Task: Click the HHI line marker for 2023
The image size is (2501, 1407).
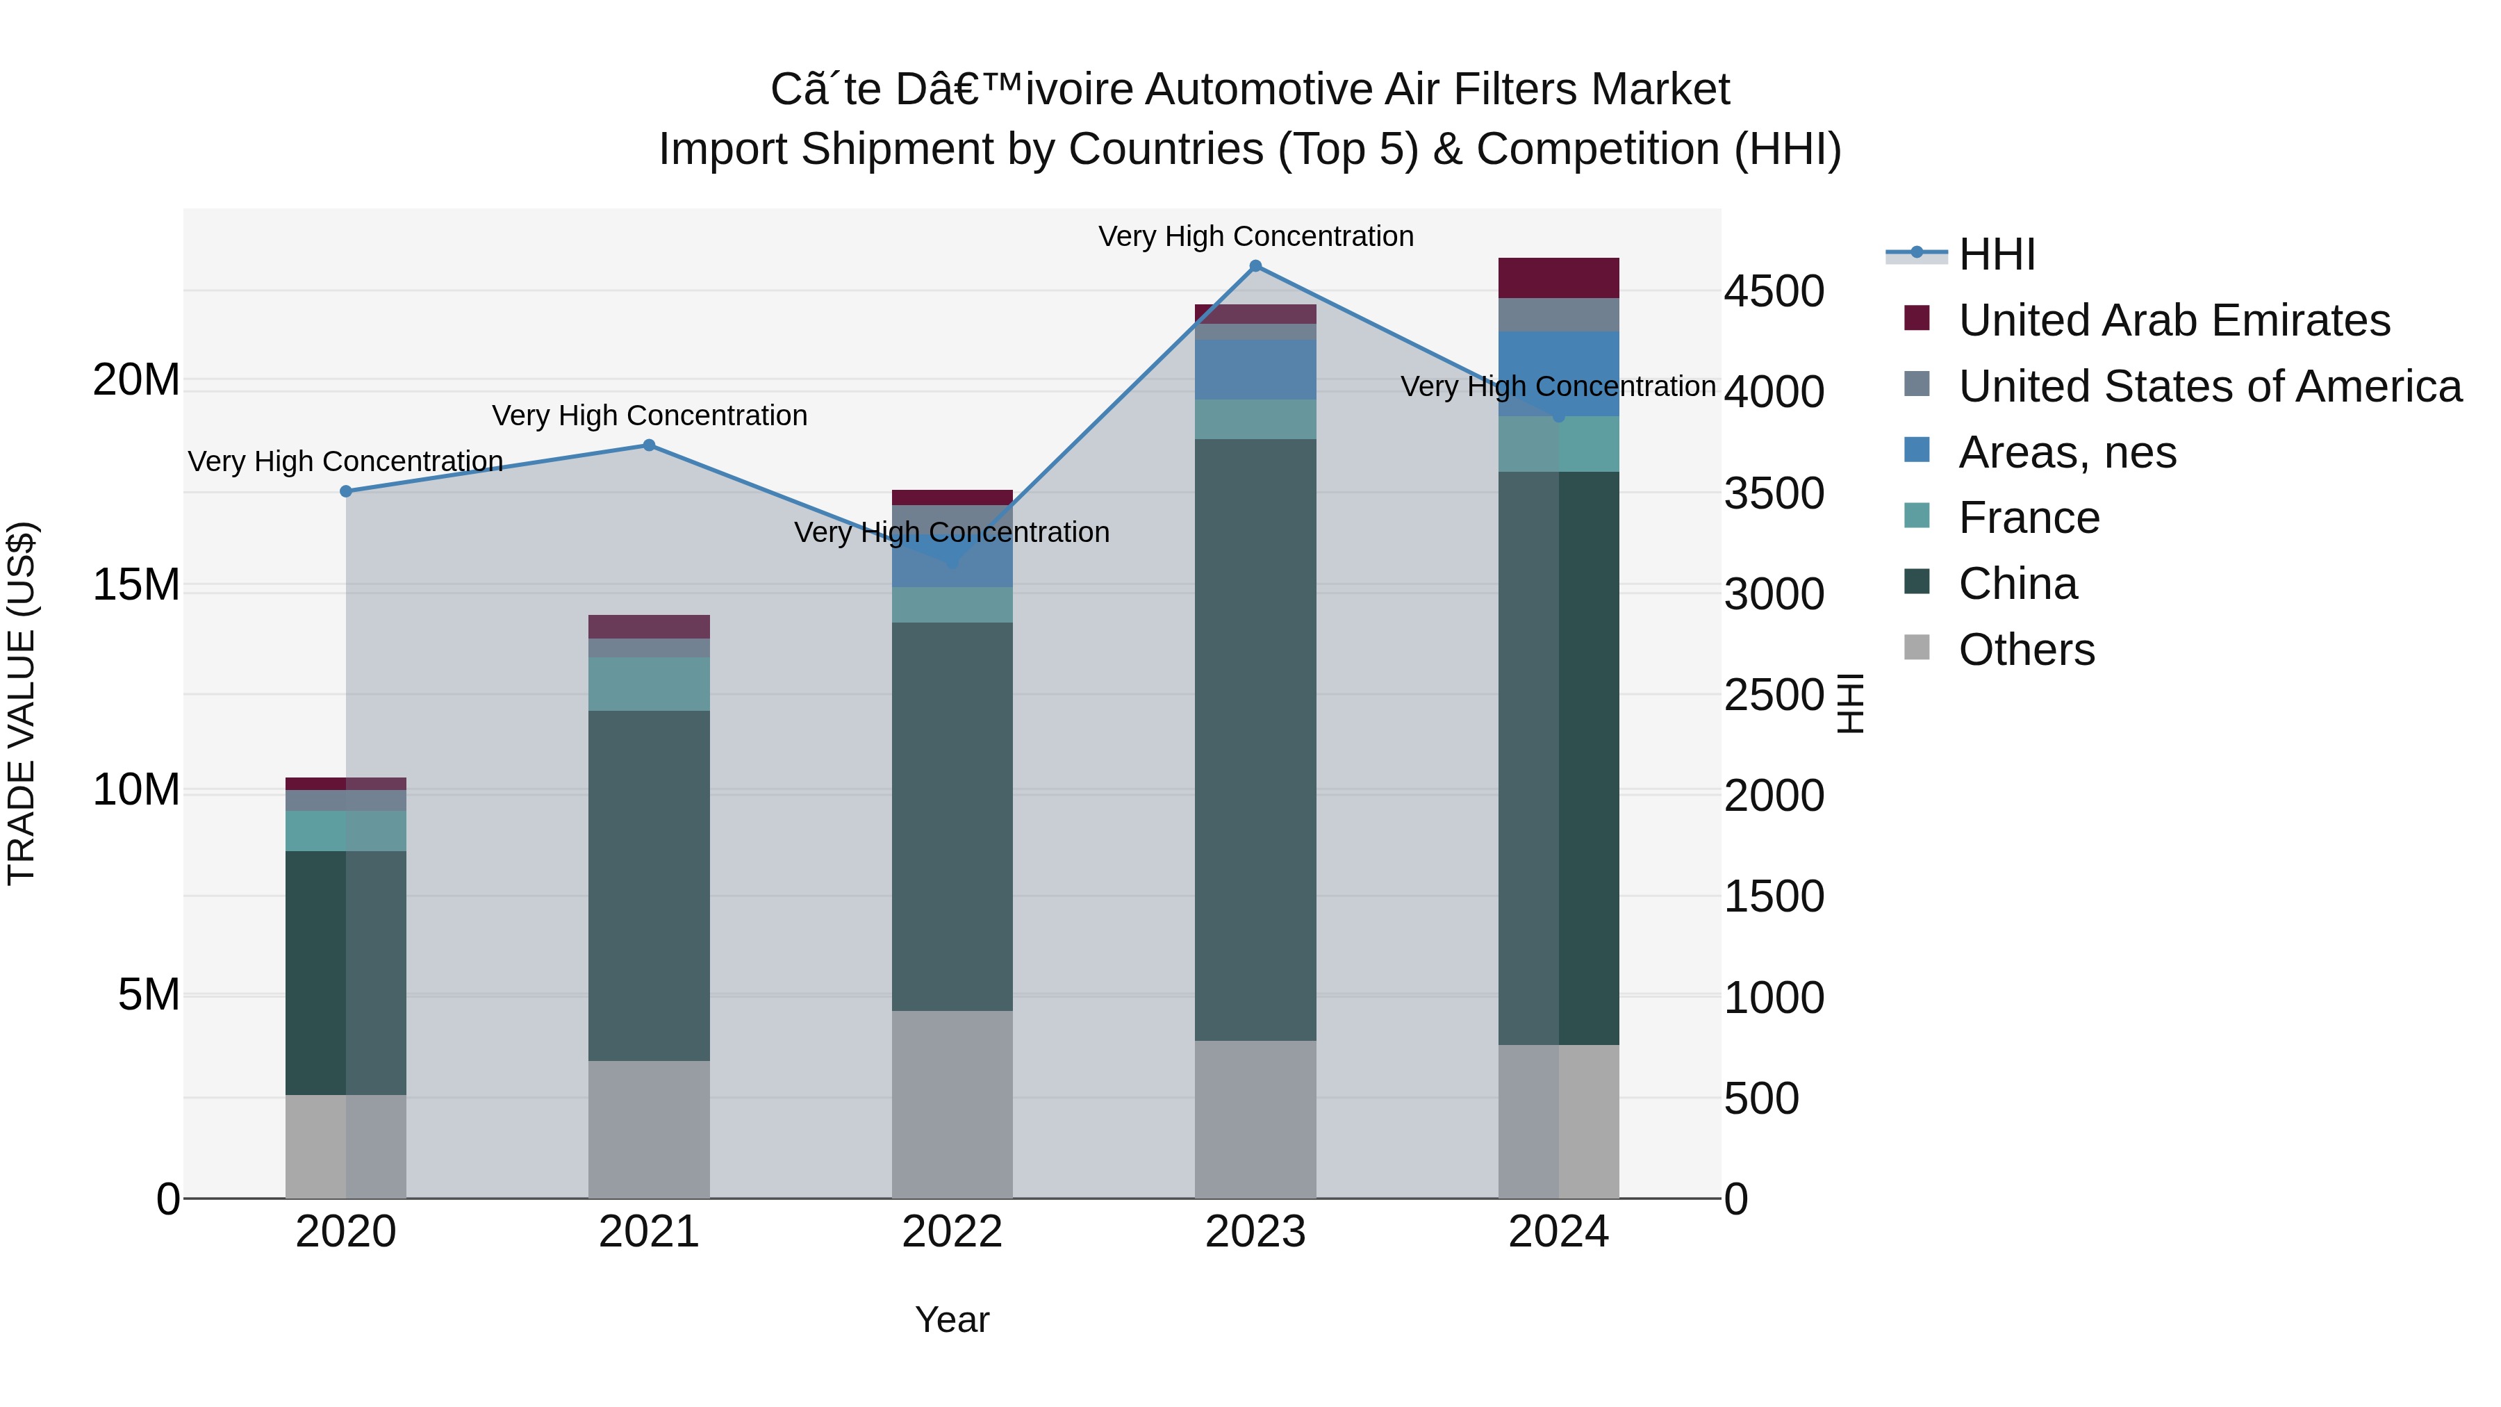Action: click(x=1255, y=266)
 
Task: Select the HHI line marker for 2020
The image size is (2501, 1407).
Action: click(x=346, y=491)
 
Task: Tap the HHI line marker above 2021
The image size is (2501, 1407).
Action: click(x=650, y=445)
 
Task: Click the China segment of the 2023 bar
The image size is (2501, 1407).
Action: click(x=1255, y=738)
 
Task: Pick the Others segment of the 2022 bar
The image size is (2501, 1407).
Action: click(x=952, y=1104)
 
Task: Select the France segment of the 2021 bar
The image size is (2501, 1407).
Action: click(x=650, y=684)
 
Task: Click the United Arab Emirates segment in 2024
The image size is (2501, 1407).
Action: click(x=1558, y=278)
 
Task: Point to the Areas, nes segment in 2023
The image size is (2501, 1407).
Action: click(x=1255, y=369)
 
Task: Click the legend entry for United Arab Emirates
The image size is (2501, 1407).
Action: click(x=2174, y=320)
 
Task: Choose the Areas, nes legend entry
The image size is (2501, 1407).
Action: click(x=2067, y=452)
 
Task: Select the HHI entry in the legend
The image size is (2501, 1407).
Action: click(x=1996, y=254)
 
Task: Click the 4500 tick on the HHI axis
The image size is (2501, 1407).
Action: click(x=1774, y=291)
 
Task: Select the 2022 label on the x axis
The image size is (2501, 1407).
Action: click(x=952, y=1232)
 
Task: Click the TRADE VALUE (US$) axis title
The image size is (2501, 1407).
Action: click(x=22, y=703)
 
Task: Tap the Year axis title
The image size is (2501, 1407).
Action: click(x=952, y=1319)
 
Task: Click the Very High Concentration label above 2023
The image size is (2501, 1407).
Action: click(x=1255, y=236)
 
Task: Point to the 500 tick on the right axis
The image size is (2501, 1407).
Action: click(x=1761, y=1099)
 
